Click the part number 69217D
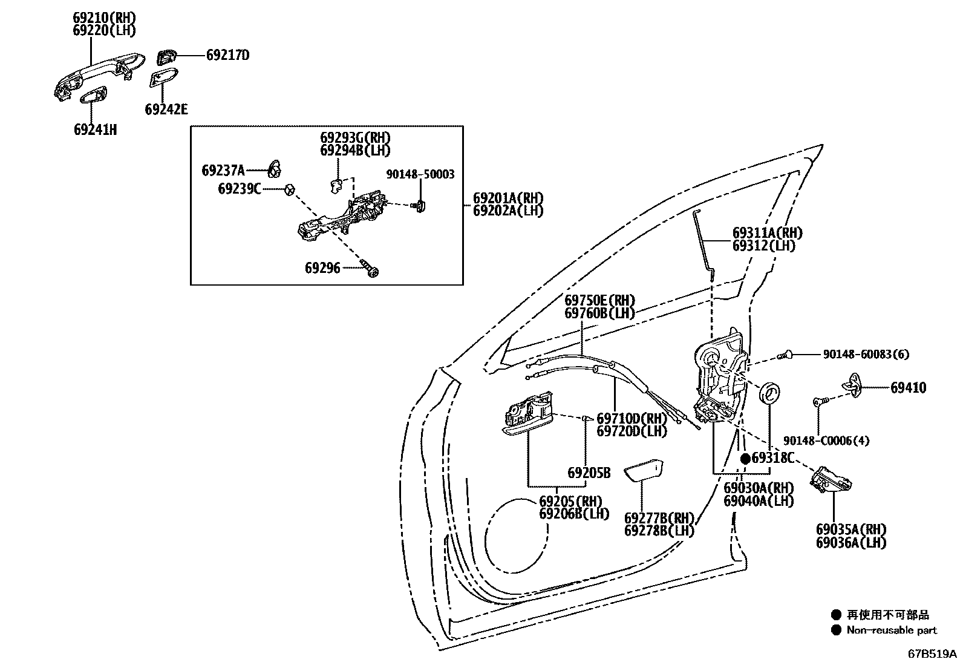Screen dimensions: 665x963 [227, 55]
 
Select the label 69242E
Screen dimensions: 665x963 [166, 110]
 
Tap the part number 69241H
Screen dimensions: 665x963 [95, 129]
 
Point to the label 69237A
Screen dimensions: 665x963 [223, 171]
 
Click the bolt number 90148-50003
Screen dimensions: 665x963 [420, 174]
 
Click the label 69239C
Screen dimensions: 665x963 [240, 189]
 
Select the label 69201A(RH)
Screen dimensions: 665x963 [508, 198]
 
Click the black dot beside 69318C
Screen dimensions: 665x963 [746, 459]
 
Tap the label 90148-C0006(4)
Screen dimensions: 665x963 [826, 441]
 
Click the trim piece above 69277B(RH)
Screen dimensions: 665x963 [644, 471]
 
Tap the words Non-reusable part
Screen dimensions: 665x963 [891, 631]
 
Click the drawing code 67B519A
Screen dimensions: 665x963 [931, 654]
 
